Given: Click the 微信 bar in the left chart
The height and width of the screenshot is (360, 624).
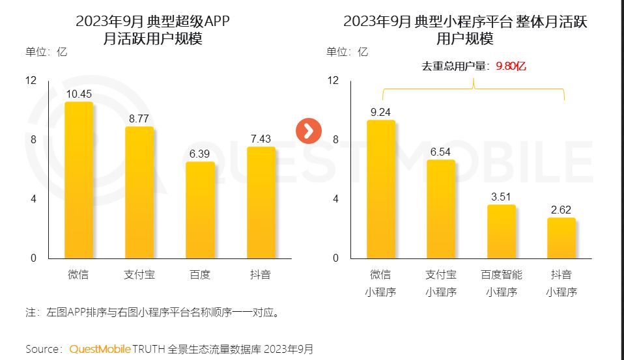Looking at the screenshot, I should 78,180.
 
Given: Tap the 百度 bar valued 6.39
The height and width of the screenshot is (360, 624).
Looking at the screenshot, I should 200,210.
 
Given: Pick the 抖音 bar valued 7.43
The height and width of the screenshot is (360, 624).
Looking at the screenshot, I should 261,202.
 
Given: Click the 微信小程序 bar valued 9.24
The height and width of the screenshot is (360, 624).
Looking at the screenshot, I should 380,189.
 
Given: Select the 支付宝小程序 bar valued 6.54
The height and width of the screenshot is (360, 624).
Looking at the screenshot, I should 441,209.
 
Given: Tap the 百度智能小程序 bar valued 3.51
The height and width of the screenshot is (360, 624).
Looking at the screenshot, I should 502,232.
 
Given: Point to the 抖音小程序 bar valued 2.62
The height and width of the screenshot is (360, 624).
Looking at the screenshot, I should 561,238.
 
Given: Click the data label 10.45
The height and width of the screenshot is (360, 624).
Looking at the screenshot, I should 79,94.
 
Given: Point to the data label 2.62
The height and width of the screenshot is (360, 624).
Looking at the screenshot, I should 561,209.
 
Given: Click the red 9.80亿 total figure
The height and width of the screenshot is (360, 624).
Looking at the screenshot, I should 511,66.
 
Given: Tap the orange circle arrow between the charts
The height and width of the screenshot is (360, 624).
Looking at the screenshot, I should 309,130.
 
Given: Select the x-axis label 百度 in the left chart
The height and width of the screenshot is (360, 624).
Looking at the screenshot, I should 200,275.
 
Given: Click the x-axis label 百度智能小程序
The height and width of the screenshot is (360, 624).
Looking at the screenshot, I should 502,283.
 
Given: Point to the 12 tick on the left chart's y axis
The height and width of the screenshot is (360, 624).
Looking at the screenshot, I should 31,81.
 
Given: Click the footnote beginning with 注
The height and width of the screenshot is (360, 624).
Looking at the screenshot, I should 153,312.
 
